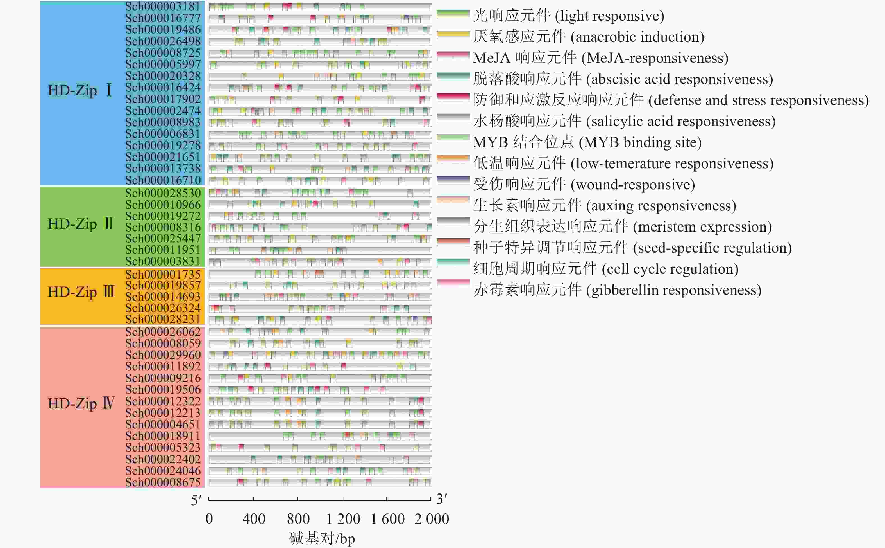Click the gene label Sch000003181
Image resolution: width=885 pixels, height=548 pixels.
163,6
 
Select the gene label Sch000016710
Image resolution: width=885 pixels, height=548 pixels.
163,180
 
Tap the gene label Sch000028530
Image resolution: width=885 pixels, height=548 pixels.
163,193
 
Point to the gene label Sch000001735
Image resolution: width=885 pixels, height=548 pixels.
163,274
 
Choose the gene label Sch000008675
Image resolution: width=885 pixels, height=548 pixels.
163,482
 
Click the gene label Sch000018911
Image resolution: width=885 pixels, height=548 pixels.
163,436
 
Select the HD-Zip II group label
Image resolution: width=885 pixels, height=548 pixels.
81,224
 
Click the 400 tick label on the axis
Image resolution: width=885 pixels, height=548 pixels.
254,519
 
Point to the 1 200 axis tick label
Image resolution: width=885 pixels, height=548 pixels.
343,519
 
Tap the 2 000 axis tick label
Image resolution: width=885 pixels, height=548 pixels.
432,519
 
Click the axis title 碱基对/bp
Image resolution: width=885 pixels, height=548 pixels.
322,539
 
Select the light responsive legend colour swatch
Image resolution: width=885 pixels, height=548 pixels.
453,15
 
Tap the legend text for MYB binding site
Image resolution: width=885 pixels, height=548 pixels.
587,142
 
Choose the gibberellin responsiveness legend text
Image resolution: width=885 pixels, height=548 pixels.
617,290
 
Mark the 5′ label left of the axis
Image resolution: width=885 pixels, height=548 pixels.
196,500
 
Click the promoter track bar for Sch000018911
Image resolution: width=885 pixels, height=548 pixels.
320,436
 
